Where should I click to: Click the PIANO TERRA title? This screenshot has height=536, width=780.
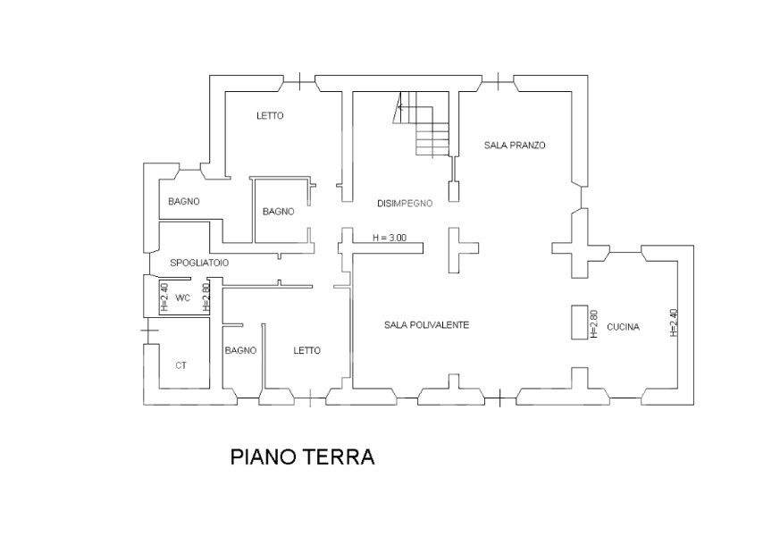(x=302, y=457)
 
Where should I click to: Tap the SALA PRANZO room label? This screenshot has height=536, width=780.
(x=515, y=146)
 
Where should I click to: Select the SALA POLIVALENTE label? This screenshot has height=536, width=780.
(x=426, y=324)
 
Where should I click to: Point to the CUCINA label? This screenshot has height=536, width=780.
(x=623, y=327)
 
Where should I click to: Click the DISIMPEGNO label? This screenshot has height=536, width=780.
(x=405, y=204)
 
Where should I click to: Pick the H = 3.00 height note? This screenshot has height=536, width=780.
(x=390, y=238)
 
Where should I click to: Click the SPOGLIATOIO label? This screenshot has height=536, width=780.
(x=199, y=263)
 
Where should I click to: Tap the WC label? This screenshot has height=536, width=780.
(x=183, y=298)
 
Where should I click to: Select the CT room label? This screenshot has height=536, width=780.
(x=181, y=365)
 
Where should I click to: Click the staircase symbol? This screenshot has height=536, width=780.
(x=424, y=124)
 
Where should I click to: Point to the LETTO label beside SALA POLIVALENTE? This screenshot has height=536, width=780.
(x=307, y=350)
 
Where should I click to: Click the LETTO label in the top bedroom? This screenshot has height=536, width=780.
(x=270, y=116)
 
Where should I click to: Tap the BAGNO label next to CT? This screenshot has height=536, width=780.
(x=240, y=350)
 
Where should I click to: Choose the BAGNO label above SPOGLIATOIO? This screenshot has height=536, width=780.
(x=184, y=201)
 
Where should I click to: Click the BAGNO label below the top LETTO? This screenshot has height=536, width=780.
(x=279, y=212)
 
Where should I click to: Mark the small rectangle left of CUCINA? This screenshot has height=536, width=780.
(x=580, y=322)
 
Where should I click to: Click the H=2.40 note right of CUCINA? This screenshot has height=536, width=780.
(x=674, y=322)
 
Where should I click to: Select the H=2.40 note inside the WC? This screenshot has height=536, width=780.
(x=164, y=297)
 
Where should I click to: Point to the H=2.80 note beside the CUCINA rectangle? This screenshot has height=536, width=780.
(x=593, y=324)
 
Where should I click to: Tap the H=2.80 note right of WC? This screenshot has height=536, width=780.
(x=206, y=297)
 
